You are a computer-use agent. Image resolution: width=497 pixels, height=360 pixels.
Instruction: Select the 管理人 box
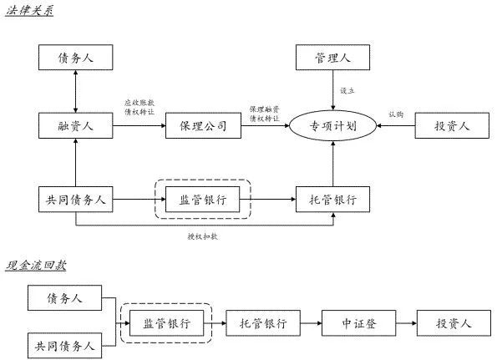tap(332, 58)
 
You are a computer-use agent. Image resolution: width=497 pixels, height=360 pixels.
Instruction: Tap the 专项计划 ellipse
tap(332, 127)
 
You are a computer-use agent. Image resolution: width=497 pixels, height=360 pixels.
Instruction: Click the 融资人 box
tap(75, 127)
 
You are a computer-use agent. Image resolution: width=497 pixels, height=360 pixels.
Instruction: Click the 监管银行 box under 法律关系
tap(203, 200)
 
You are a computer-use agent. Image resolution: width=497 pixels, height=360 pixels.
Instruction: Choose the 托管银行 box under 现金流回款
tap(263, 322)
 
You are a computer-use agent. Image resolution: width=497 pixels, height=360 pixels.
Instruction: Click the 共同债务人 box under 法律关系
tap(75, 200)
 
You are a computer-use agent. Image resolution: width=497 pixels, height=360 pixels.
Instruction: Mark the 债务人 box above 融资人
tap(75, 58)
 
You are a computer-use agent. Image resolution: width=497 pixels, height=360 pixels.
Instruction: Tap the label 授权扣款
tap(203, 236)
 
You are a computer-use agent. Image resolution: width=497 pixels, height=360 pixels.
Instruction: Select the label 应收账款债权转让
tap(139, 107)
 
